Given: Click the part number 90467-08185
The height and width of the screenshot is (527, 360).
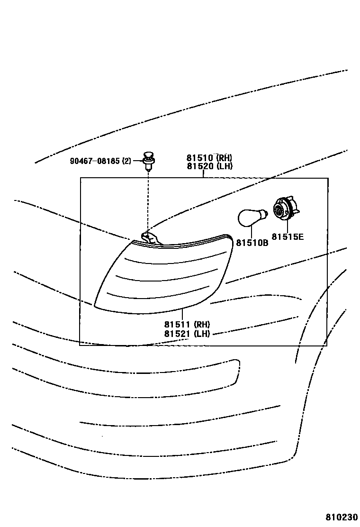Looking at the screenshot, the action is [95, 161].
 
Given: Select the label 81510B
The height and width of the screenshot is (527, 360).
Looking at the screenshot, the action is [252, 243].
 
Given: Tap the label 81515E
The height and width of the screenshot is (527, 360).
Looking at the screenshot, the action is [287, 236].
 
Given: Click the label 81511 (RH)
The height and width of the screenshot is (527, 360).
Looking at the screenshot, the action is [187, 325].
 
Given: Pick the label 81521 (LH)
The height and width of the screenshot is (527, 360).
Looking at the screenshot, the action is [187, 334].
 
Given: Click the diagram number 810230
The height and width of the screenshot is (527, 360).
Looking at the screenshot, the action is [342, 517].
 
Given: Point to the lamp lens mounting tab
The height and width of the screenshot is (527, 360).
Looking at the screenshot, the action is [149, 237].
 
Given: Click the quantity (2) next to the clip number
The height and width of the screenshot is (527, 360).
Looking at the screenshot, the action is [126, 161].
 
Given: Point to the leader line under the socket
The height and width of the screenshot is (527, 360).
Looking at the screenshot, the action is [288, 227].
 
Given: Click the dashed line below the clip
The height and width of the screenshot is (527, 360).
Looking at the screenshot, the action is [149, 199].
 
